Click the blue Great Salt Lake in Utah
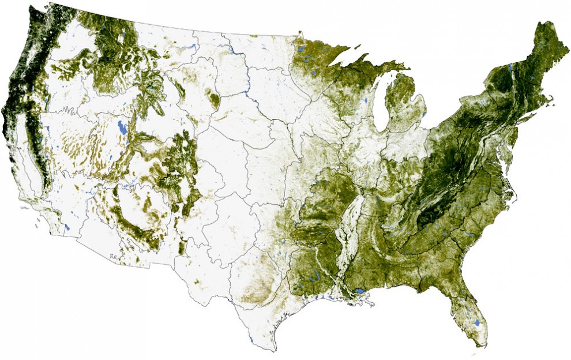[122, 127]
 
